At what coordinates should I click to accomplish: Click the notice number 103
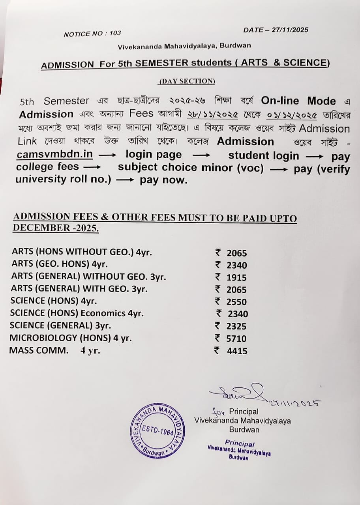[115, 33]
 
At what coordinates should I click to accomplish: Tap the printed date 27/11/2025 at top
[290, 30]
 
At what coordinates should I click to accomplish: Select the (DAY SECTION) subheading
[187, 81]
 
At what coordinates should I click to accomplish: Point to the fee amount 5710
[236, 339]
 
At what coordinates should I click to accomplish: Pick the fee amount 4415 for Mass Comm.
[237, 351]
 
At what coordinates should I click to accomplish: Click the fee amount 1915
[236, 277]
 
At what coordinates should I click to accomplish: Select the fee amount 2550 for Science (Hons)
[236, 302]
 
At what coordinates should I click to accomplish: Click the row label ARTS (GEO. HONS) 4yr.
[60, 264]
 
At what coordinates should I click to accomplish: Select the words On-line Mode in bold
[298, 101]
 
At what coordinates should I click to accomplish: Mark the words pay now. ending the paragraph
[163, 180]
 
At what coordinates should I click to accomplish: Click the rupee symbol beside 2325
[217, 326]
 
